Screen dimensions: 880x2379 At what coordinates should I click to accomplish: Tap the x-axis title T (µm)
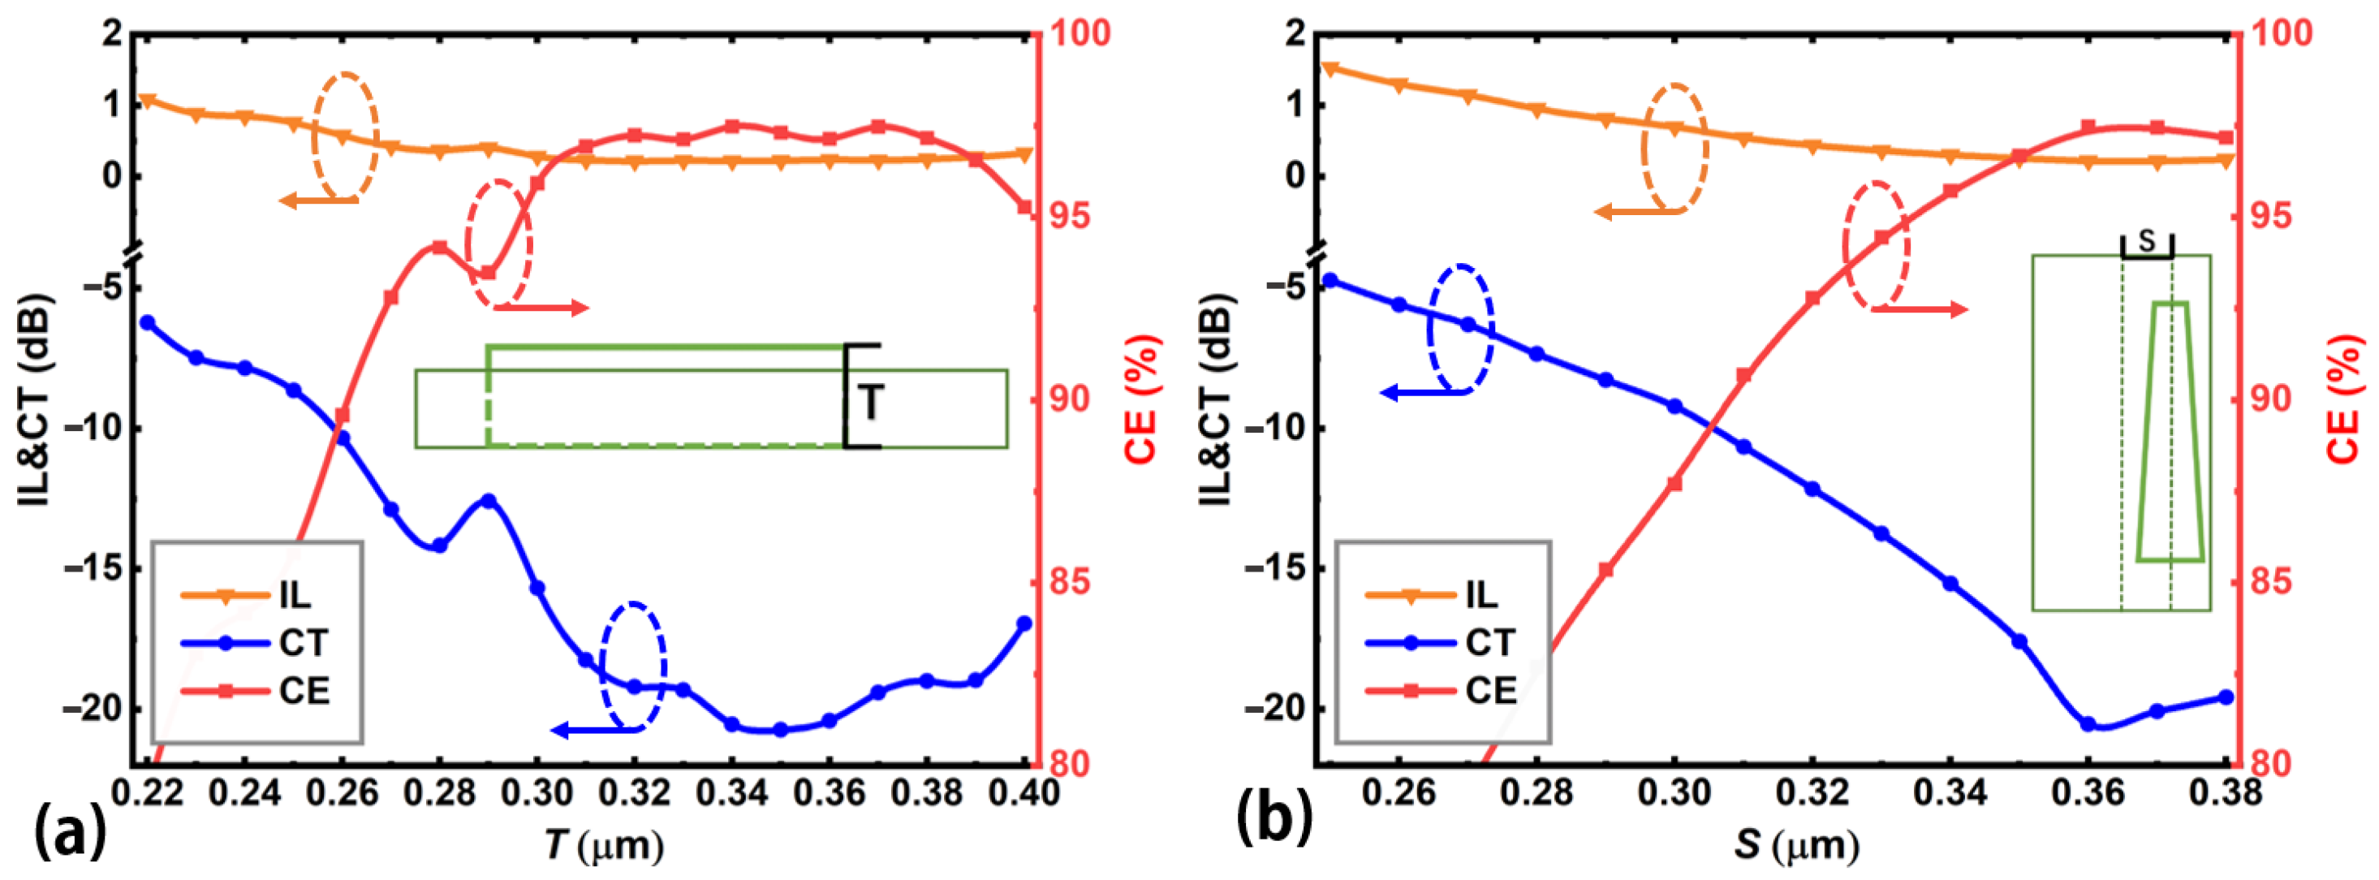pos(604,844)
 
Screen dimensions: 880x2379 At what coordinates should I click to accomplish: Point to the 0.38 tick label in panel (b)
pos(2226,792)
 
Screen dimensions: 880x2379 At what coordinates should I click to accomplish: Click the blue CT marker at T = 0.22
pos(147,322)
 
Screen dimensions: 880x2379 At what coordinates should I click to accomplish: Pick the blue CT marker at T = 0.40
pos(1024,623)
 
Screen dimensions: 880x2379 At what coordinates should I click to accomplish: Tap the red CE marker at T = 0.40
pos(1024,208)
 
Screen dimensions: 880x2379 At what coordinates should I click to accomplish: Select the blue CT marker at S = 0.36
pos(2088,724)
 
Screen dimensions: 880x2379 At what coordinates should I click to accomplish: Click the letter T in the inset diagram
pos(870,403)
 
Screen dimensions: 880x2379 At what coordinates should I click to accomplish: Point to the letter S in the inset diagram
pos(2146,242)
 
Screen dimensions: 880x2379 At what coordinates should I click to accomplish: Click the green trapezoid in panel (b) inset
pos(2170,430)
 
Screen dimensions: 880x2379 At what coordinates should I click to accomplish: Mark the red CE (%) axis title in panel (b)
pos(2344,399)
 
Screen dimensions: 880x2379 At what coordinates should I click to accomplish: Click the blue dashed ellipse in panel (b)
pos(1460,329)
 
